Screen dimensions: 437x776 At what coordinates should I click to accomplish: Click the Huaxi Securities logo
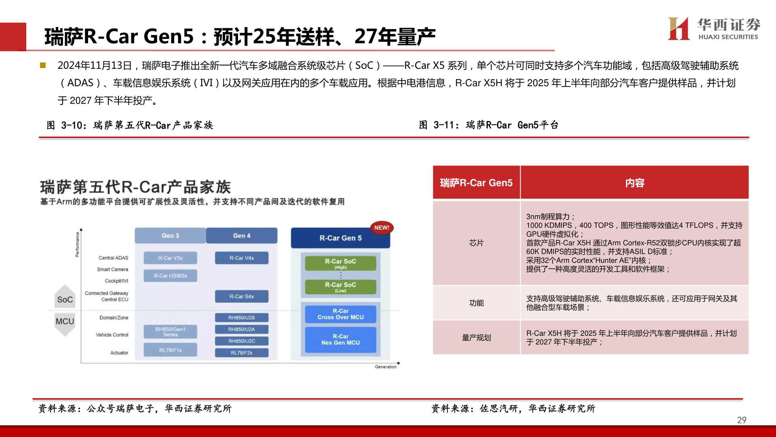coord(714,29)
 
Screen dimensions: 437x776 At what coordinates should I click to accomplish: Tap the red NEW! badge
coord(382,227)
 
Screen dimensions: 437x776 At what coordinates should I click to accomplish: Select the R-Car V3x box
coord(170,258)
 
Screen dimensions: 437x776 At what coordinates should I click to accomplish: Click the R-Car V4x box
coord(242,258)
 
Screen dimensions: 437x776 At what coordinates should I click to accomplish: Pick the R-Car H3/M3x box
coord(170,276)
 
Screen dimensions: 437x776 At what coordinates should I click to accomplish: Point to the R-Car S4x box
coord(242,296)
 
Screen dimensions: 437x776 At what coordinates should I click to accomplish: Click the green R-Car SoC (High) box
coord(340,263)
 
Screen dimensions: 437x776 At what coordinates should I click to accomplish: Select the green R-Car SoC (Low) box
coord(340,287)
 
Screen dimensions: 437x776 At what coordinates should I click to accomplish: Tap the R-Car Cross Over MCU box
coord(340,314)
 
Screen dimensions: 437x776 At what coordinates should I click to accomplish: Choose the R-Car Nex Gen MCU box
coord(340,339)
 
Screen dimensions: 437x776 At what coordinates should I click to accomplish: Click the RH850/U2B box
coord(241,318)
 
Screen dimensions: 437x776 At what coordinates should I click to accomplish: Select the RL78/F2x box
coord(241,353)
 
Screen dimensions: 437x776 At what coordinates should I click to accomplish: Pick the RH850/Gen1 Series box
coord(170,332)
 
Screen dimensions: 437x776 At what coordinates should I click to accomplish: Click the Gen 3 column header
coord(170,235)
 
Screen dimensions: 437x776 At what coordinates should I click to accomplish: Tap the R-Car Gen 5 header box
coord(340,238)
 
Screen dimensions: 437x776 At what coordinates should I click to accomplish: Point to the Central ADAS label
coord(113,258)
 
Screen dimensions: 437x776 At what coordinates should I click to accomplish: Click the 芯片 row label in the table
coord(476,243)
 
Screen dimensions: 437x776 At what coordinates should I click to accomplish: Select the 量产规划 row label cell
coord(476,337)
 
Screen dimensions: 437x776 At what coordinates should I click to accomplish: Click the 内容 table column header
coord(635,183)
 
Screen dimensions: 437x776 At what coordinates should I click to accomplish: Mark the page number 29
coord(742,420)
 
